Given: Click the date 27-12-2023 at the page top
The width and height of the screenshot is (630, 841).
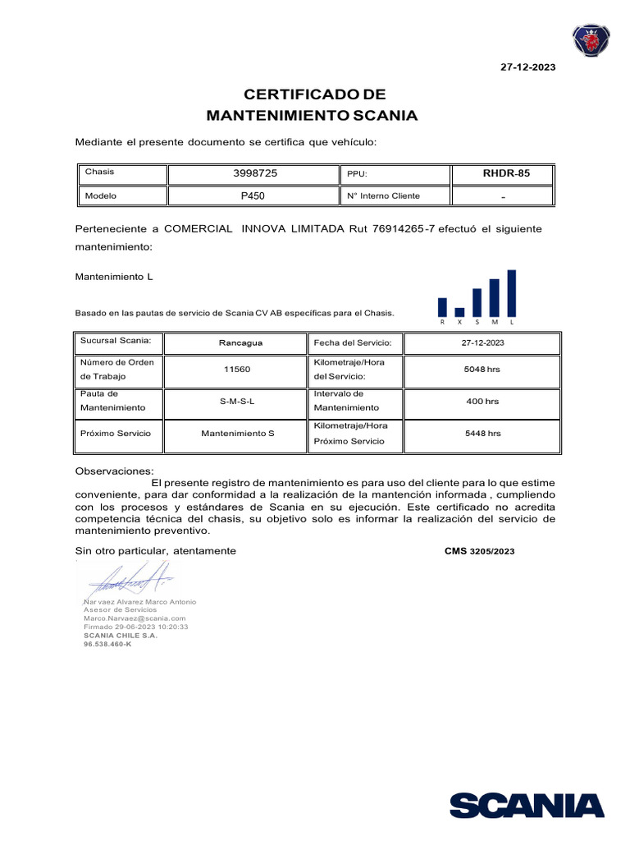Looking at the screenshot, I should point(527,67).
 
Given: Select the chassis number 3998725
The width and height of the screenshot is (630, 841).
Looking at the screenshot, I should point(254,173).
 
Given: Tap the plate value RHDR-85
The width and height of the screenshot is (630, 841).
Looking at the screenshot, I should point(506,173).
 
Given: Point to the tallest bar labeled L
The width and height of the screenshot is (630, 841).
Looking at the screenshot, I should point(511,293).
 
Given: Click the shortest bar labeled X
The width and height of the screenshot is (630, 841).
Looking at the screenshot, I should point(459,312).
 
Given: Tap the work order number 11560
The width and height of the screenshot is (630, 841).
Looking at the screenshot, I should point(237,370).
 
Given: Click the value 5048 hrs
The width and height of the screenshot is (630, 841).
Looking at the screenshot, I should point(482,370).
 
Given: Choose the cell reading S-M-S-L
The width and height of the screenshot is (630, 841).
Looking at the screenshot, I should point(237,402).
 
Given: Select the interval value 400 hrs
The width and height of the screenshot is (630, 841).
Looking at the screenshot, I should point(482,402).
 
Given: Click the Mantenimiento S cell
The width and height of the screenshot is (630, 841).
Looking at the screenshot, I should point(237,433).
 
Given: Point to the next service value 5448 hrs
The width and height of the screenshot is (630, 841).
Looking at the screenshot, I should point(482,433).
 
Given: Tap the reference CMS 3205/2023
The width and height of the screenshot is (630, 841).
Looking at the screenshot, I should point(479,551).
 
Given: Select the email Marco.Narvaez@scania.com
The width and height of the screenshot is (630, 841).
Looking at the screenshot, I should point(135,618).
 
